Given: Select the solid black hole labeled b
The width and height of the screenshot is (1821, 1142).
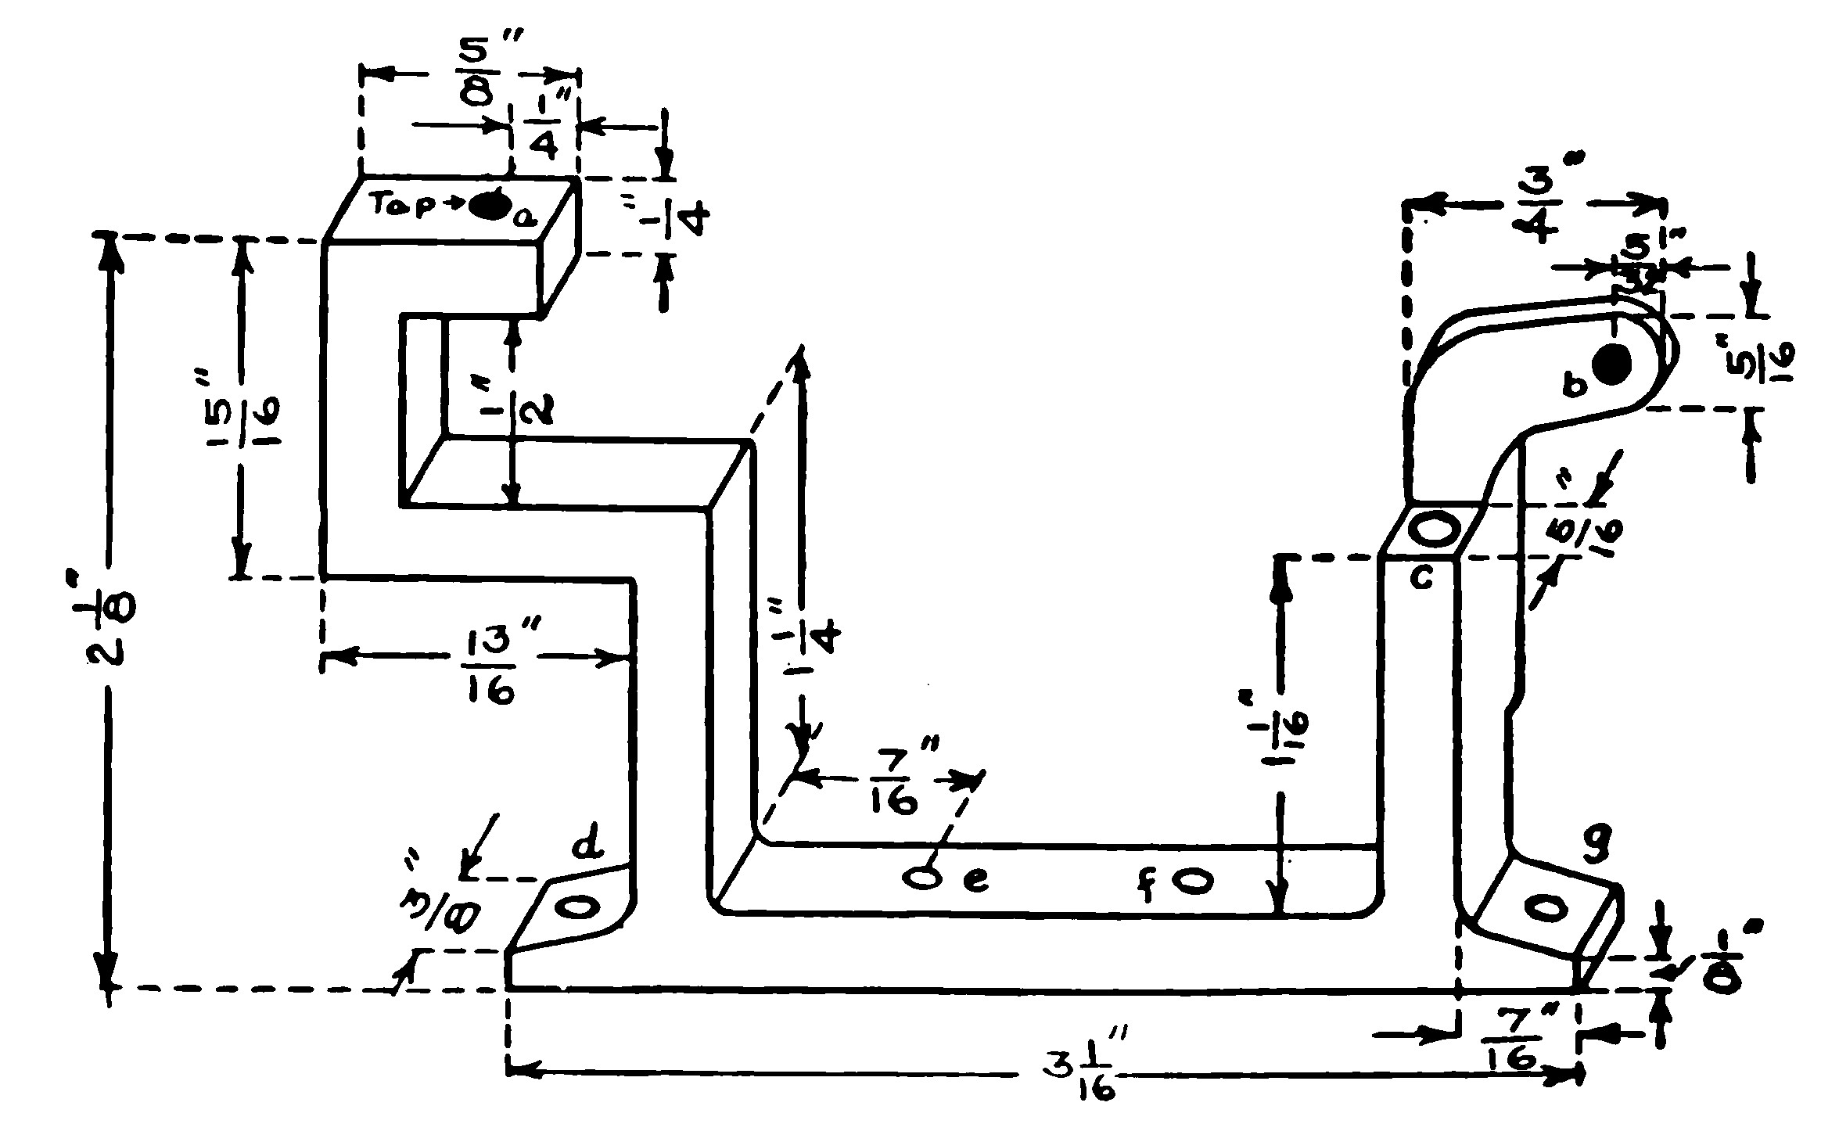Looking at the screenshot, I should (x=1612, y=365).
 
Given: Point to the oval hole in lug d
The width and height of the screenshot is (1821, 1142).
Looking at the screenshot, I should (x=577, y=907).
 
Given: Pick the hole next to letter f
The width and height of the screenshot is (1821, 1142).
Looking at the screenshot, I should (x=1191, y=882).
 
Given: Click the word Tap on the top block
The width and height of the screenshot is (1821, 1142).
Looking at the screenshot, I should (x=397, y=205).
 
